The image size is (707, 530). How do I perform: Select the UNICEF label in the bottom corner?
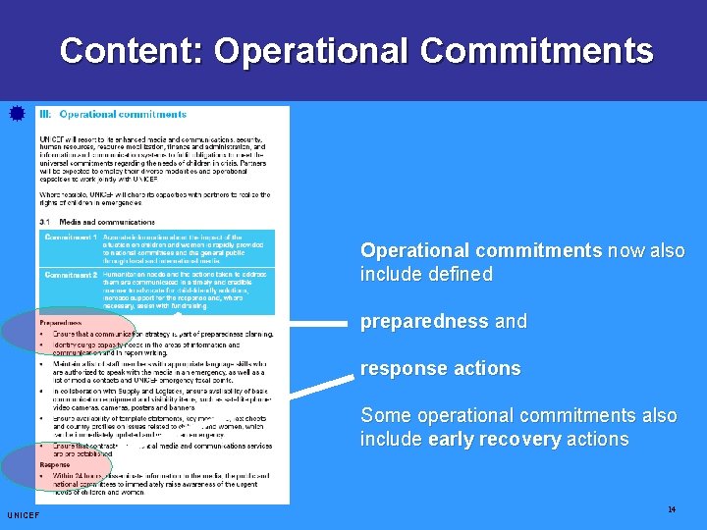(23, 515)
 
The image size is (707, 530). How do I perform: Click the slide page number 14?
(672, 509)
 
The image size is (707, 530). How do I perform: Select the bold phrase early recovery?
(494, 439)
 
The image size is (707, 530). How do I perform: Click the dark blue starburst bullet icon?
(15, 114)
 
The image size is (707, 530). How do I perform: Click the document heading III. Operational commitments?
(113, 115)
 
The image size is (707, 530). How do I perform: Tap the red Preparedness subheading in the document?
(61, 322)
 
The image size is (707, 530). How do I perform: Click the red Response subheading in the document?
(55, 464)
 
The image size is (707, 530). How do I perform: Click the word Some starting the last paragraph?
(383, 415)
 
